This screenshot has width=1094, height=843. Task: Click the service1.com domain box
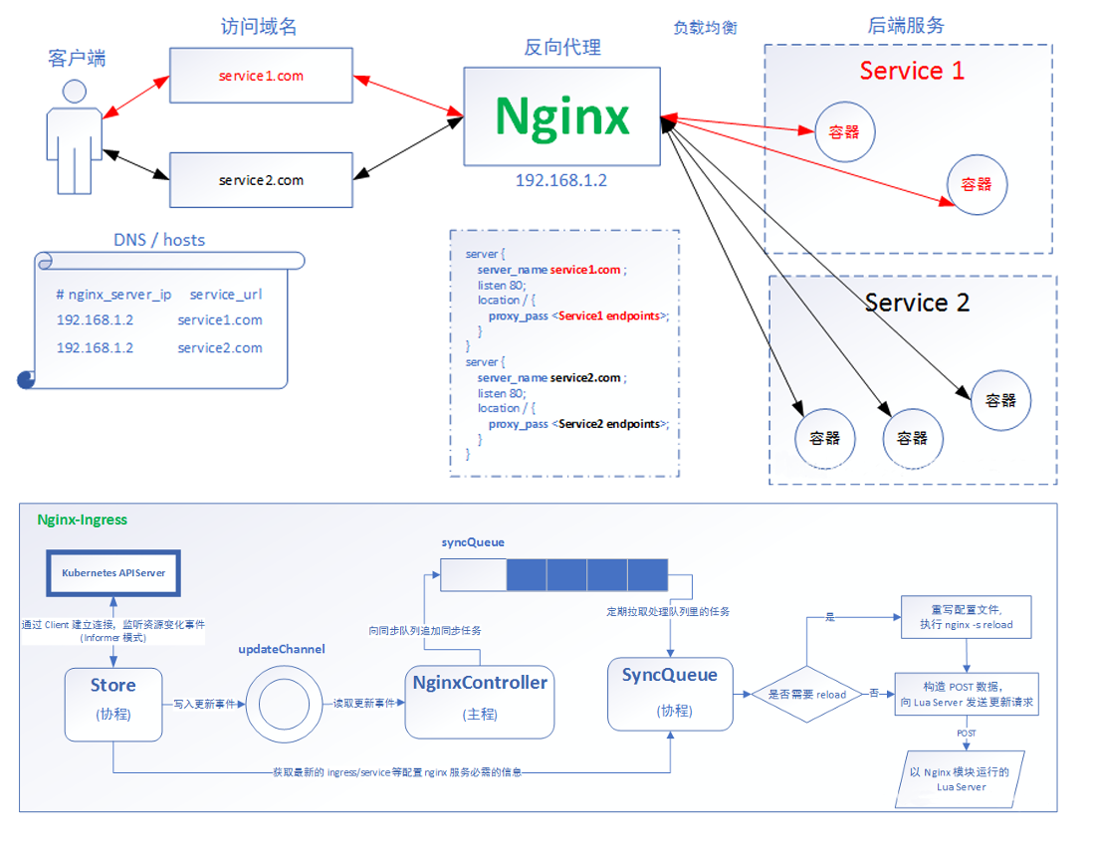coord(261,76)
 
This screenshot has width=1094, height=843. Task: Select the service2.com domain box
coord(261,180)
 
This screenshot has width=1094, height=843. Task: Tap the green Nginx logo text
coord(562,115)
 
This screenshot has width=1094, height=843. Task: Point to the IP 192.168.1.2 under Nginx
coord(561,181)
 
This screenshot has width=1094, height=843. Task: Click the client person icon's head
coord(74,92)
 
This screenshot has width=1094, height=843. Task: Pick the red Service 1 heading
coord(912,71)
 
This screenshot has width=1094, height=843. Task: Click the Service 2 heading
coord(917,303)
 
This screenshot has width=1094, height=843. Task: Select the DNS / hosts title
coord(159,240)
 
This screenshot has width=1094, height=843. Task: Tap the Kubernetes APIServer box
coord(113,573)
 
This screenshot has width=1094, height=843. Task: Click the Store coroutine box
coord(113,704)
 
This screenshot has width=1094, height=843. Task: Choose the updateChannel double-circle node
coord(284,704)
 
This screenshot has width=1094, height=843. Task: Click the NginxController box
coord(480,702)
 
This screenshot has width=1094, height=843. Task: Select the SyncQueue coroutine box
coord(670,694)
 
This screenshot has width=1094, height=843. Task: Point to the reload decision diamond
coord(806,695)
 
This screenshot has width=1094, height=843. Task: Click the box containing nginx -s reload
coord(967,617)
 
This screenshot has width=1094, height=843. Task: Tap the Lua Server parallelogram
coord(961,779)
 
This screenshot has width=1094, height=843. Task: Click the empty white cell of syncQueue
coord(473,575)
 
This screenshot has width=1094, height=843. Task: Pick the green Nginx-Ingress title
coord(83,520)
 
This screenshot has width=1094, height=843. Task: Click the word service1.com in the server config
coord(584,270)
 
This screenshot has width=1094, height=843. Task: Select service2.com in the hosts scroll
coord(220,347)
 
